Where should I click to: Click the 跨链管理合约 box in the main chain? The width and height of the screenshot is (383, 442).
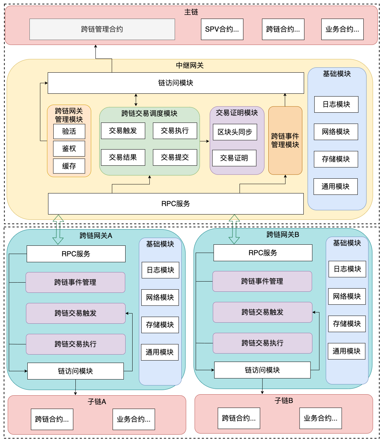[102, 29]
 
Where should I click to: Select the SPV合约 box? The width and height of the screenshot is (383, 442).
[222, 29]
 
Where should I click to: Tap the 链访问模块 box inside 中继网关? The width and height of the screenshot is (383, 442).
[176, 83]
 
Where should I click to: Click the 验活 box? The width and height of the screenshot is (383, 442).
[69, 131]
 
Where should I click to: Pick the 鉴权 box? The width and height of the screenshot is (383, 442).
[69, 149]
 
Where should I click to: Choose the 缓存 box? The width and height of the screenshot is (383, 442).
[69, 166]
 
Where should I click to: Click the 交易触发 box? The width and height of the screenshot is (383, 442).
[123, 131]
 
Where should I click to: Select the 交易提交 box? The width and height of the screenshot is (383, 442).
[175, 158]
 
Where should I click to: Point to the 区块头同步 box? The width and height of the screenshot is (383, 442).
[235, 132]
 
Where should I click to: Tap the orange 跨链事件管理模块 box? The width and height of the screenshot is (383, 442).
[285, 140]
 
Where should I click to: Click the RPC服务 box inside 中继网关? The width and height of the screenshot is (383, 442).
[176, 204]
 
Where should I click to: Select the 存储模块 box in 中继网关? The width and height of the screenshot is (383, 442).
[336, 159]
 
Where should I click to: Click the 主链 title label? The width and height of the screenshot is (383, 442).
[191, 12]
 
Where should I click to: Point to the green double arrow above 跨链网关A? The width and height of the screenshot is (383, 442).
[58, 230]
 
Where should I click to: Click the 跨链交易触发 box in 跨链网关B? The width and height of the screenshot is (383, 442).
[262, 312]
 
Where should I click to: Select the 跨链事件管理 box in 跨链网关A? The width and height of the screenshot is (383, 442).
[75, 282]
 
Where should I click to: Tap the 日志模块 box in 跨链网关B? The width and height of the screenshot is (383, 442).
[347, 269]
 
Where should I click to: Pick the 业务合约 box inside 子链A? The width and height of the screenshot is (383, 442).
[134, 419]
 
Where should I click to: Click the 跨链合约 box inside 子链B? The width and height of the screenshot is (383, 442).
[239, 418]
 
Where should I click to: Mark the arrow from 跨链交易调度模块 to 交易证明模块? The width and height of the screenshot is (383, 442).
[204, 141]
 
